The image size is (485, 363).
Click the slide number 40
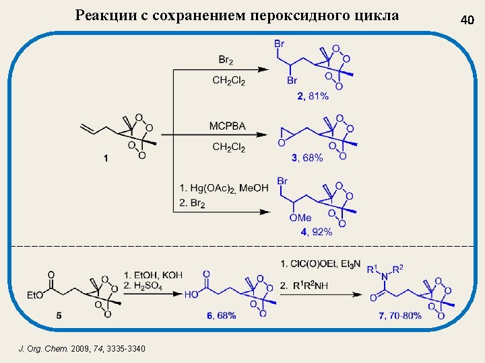coord(467,20)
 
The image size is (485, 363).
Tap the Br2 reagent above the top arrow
coord(226,60)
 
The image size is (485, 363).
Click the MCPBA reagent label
coord(227,126)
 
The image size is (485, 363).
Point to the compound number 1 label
coord(105,159)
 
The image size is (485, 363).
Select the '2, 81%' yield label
coord(313,96)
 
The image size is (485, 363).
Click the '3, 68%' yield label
coord(307,158)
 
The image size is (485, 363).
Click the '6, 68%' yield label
coord(220,315)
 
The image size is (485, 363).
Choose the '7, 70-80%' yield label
coord(401,315)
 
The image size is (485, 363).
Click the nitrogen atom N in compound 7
coord(385,279)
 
